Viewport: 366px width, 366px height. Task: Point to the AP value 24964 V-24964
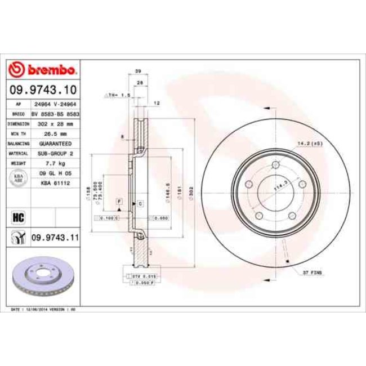coord(55,105)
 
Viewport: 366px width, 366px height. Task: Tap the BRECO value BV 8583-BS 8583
coord(55,114)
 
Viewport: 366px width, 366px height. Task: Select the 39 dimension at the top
coord(138,71)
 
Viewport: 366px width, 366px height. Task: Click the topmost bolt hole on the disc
coord(276,165)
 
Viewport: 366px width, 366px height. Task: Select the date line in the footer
coord(44,310)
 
